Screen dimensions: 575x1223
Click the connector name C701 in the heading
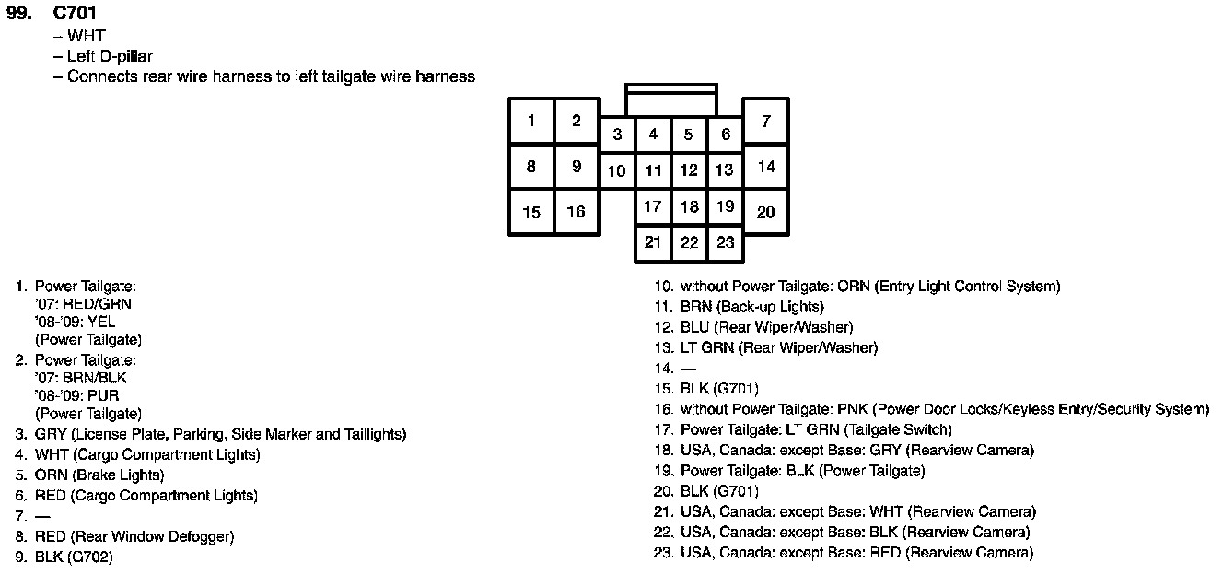(75, 14)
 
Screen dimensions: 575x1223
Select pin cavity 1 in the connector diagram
(531, 121)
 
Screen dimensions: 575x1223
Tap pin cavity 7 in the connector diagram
(766, 121)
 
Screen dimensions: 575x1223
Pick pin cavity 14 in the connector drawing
(766, 167)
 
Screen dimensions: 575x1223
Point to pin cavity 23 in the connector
(726, 242)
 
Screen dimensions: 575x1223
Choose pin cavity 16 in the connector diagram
(577, 212)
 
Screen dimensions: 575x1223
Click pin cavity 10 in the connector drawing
(617, 170)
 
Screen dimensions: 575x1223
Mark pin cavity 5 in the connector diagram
(689, 135)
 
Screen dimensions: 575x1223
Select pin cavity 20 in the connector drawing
(766, 212)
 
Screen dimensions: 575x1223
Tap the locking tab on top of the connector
(670, 100)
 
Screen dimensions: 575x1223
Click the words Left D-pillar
(110, 56)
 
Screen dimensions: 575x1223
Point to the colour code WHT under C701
(87, 37)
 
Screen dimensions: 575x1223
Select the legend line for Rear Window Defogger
(134, 536)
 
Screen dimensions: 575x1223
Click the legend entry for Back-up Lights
(752, 307)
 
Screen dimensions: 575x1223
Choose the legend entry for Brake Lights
(99, 475)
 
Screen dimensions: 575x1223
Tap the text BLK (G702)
(74, 557)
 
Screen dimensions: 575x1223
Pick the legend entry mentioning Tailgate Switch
(816, 429)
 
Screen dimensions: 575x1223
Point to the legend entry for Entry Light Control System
(870, 287)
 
